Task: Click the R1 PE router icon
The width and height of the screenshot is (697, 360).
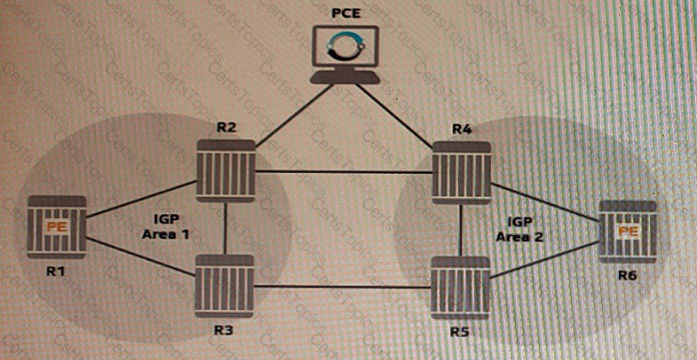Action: click(56, 228)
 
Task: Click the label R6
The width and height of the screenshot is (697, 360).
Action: click(626, 276)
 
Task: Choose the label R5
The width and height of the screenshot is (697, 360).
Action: click(461, 332)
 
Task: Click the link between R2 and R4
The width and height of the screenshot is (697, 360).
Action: click(343, 172)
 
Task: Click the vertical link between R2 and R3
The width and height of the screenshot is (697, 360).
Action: click(225, 230)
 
